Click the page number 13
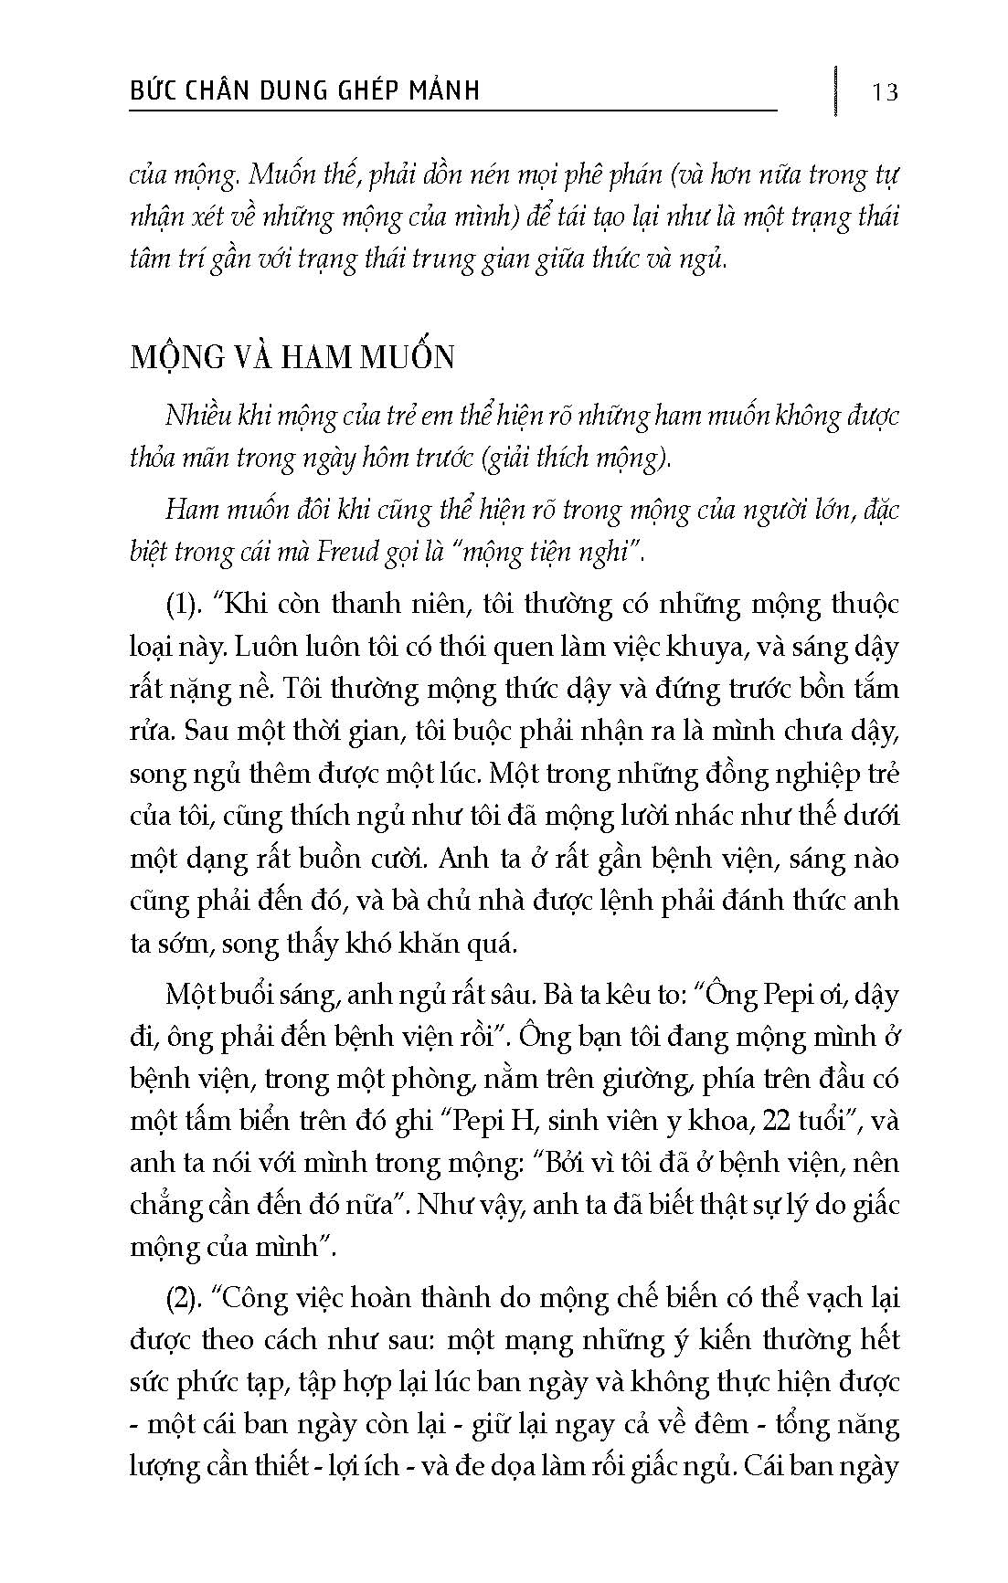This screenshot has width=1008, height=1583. tap(885, 91)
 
